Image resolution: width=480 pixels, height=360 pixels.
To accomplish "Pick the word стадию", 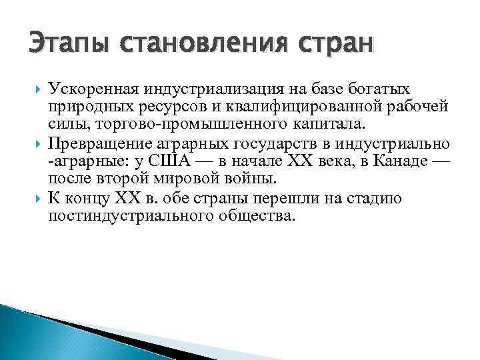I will click(377, 199).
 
